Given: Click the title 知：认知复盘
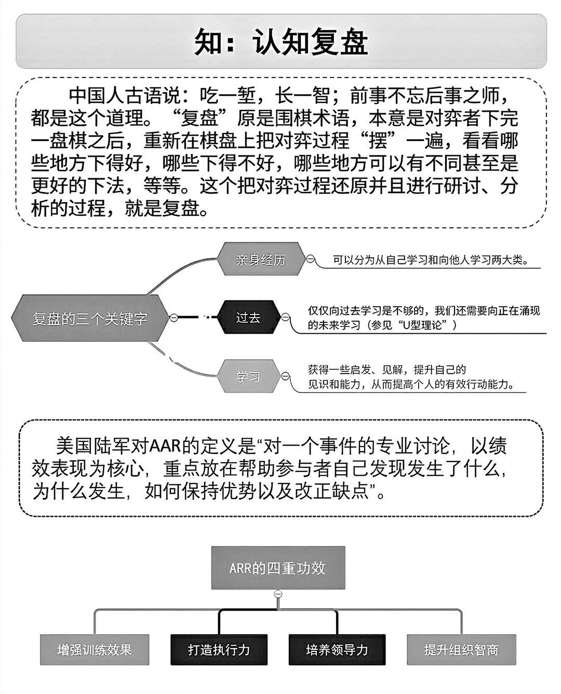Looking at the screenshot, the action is [281, 42].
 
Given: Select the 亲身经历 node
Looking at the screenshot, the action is [261, 259].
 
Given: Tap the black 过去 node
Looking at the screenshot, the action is [248, 318].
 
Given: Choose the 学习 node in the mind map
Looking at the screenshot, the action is [248, 376].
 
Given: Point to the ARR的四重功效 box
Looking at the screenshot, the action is [278, 568].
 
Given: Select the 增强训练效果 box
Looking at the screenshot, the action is [95, 650].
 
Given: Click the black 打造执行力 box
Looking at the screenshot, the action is [219, 650].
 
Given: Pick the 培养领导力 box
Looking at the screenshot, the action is [337, 650].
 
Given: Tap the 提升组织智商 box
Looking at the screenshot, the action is [461, 650].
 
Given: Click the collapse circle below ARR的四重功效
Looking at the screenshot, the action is [278, 594].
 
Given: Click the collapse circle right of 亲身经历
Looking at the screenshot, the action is [310, 259].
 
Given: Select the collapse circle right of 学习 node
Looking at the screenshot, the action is [285, 376].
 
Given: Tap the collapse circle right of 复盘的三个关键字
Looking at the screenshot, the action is [174, 318].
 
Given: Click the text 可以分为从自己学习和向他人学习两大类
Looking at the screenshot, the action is [431, 260].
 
